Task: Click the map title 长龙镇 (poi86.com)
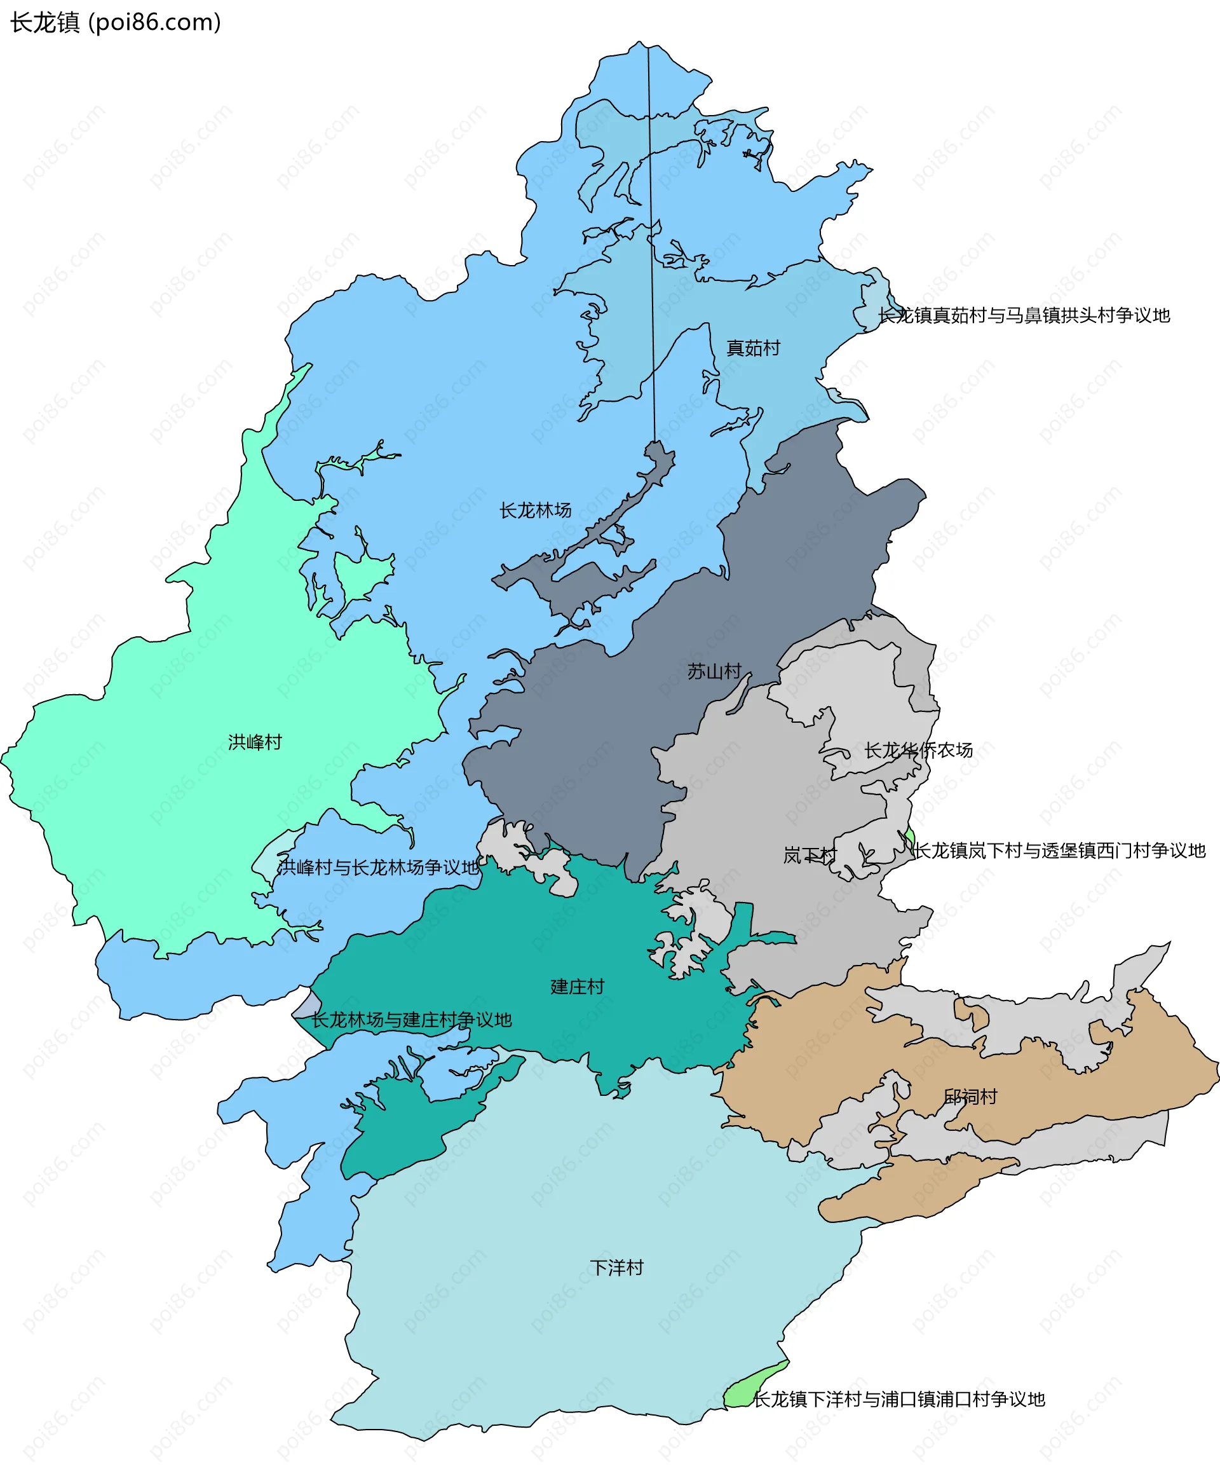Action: pos(115,22)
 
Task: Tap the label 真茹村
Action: pos(753,348)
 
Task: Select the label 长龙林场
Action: pos(535,510)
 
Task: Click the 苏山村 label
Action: pos(714,671)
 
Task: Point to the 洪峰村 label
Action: pos(254,742)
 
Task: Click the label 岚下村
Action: pos(810,856)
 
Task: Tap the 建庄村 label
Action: pos(577,987)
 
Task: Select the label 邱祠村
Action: pos(970,1097)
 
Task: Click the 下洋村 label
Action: pos(616,1268)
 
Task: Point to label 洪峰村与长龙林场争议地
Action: pos(377,867)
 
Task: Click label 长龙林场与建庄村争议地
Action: pos(411,1020)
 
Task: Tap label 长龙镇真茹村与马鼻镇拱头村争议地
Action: pos(1023,315)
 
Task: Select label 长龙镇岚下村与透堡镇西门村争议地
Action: pos(1059,851)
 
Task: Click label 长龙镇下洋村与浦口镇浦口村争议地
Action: pos(899,1398)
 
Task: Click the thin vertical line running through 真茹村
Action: pos(651,246)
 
